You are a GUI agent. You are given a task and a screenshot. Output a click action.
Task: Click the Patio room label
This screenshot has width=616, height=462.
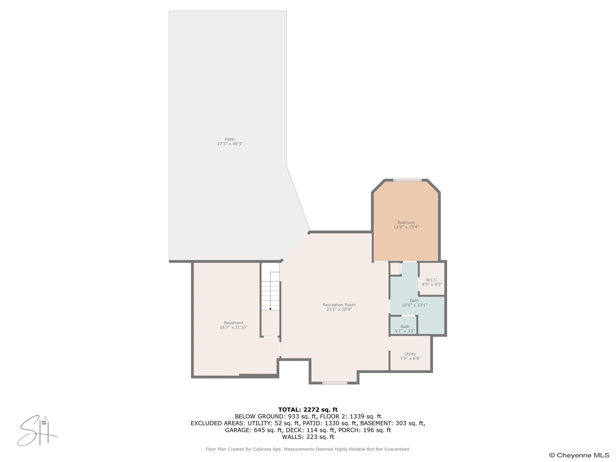coord(230,139)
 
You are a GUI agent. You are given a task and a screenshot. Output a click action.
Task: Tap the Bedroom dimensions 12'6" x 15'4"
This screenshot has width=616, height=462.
coord(406,227)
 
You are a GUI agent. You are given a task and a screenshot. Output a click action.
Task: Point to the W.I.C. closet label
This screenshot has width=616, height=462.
coord(432,280)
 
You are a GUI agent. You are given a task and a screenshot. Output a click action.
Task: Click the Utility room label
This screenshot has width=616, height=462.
coord(410,354)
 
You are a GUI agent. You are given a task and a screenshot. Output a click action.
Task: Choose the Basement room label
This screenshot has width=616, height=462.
coord(233,323)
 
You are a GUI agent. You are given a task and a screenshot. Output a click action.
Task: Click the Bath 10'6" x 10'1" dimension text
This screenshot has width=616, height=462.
coord(414,305)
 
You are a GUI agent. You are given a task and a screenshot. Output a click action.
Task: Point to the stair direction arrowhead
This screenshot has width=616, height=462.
coord(270,309)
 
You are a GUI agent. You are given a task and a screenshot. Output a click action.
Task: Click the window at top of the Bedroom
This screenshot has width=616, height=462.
coord(407,180)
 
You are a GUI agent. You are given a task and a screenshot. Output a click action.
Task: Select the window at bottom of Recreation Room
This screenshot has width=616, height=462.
coord(335,383)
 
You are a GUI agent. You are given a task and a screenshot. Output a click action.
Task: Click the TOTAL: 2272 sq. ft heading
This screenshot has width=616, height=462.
coord(308,410)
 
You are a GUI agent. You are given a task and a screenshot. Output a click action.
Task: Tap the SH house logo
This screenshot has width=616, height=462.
coord(37,431)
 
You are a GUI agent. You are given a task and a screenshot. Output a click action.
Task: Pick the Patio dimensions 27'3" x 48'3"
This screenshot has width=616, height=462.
coord(230,144)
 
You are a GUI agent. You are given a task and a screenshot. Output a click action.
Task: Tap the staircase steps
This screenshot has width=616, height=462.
coord(270,295)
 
